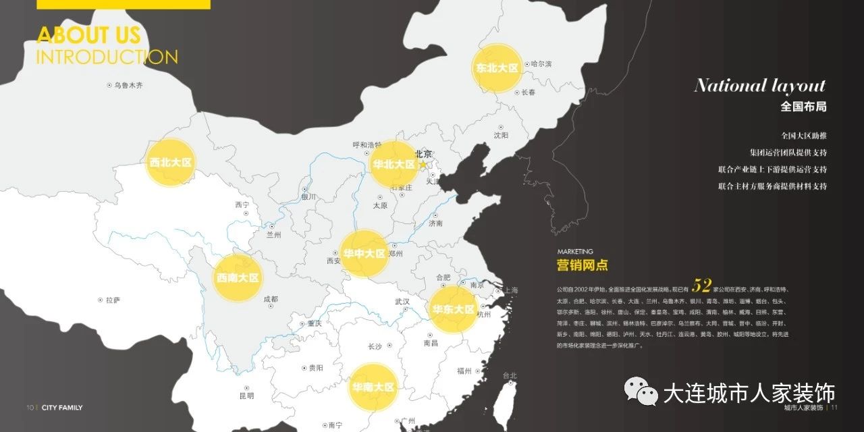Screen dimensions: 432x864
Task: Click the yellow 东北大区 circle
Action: point(497,68)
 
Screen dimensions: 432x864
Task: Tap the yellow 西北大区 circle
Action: point(171,163)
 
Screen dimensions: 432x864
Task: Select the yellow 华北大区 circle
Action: point(394,164)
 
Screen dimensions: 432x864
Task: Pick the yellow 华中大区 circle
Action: point(364,254)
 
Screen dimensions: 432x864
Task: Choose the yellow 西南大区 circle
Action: point(237,277)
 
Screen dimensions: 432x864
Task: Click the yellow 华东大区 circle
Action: point(454,309)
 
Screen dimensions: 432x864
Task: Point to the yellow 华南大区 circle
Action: point(373,387)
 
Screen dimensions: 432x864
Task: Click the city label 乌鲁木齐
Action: point(128,86)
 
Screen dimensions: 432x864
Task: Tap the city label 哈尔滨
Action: point(541,64)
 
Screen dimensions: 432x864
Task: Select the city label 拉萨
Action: point(112,300)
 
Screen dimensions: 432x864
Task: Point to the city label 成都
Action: point(270,298)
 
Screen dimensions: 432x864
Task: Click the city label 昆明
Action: point(246,396)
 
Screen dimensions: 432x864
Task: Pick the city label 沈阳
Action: point(501,135)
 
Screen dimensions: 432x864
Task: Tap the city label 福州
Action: point(464,371)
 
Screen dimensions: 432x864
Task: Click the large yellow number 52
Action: point(702,285)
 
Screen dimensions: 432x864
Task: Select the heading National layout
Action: point(759,86)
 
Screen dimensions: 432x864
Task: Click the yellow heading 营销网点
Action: point(582,265)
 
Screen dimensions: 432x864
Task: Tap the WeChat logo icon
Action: point(640,391)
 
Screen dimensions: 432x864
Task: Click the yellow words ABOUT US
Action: point(88,35)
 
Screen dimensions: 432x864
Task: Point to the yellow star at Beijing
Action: point(423,164)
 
